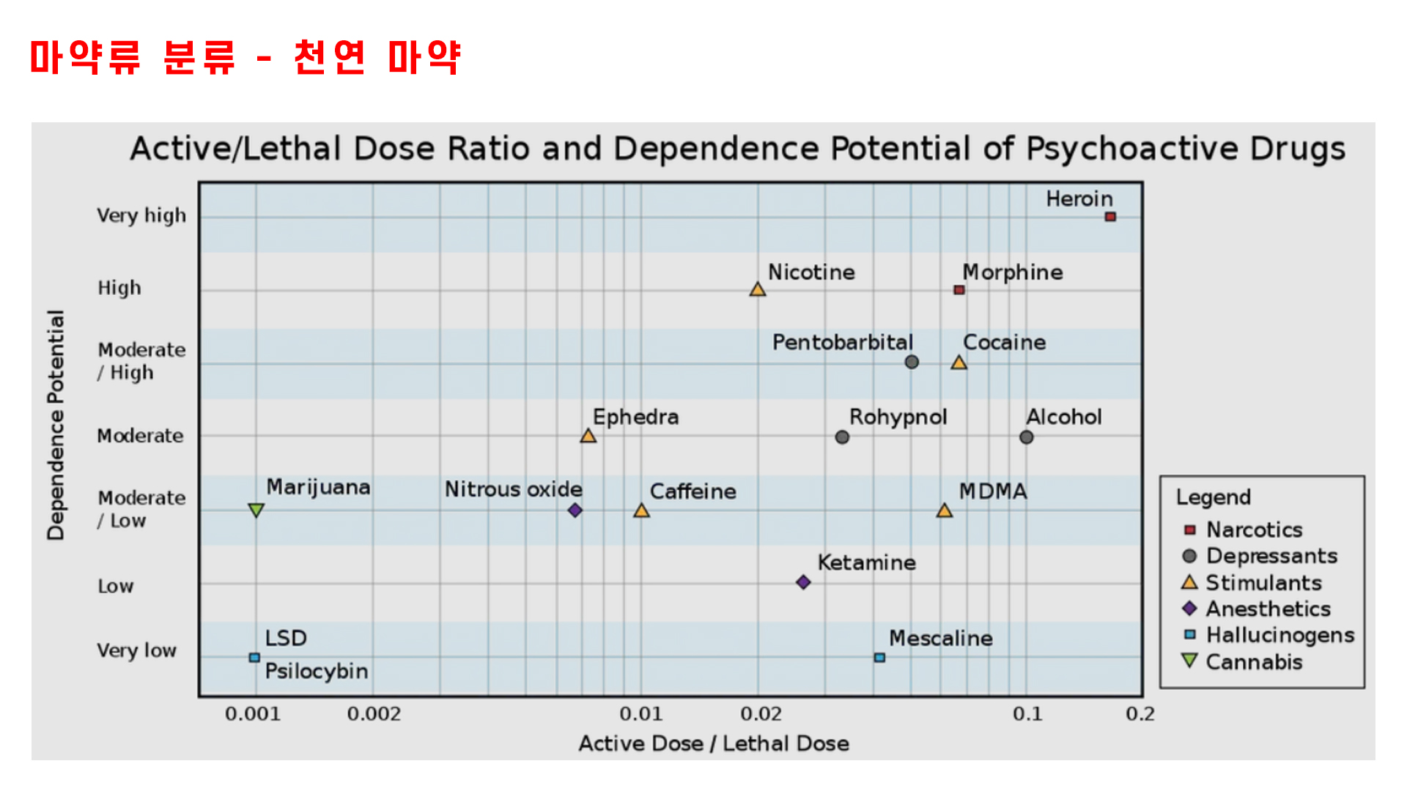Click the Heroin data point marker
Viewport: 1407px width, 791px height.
coord(1110,217)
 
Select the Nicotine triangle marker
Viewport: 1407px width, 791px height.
coord(758,290)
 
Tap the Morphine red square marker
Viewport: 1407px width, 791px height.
coord(959,290)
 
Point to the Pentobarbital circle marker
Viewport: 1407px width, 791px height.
coord(912,362)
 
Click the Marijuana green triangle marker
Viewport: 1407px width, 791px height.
coord(256,510)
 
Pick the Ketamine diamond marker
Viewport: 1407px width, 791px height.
coord(803,582)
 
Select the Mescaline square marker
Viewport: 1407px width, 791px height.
coord(879,658)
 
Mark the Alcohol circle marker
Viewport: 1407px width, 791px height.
coord(1026,437)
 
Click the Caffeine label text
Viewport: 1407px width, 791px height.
coord(693,491)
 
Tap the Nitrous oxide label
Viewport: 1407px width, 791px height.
coord(513,489)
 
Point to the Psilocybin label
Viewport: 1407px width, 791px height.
coord(317,671)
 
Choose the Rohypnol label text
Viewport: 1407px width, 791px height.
coord(898,417)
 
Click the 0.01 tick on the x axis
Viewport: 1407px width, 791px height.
coord(640,713)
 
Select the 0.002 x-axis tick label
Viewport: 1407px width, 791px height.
coord(374,713)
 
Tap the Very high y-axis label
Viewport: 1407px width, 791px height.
coord(141,215)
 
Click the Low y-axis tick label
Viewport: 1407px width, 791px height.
coord(116,586)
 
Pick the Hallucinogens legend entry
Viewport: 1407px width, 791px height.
coord(1279,635)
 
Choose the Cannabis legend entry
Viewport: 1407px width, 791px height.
coord(1254,662)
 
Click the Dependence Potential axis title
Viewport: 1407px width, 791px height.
coord(56,425)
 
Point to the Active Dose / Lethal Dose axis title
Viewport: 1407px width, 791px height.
coord(714,743)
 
